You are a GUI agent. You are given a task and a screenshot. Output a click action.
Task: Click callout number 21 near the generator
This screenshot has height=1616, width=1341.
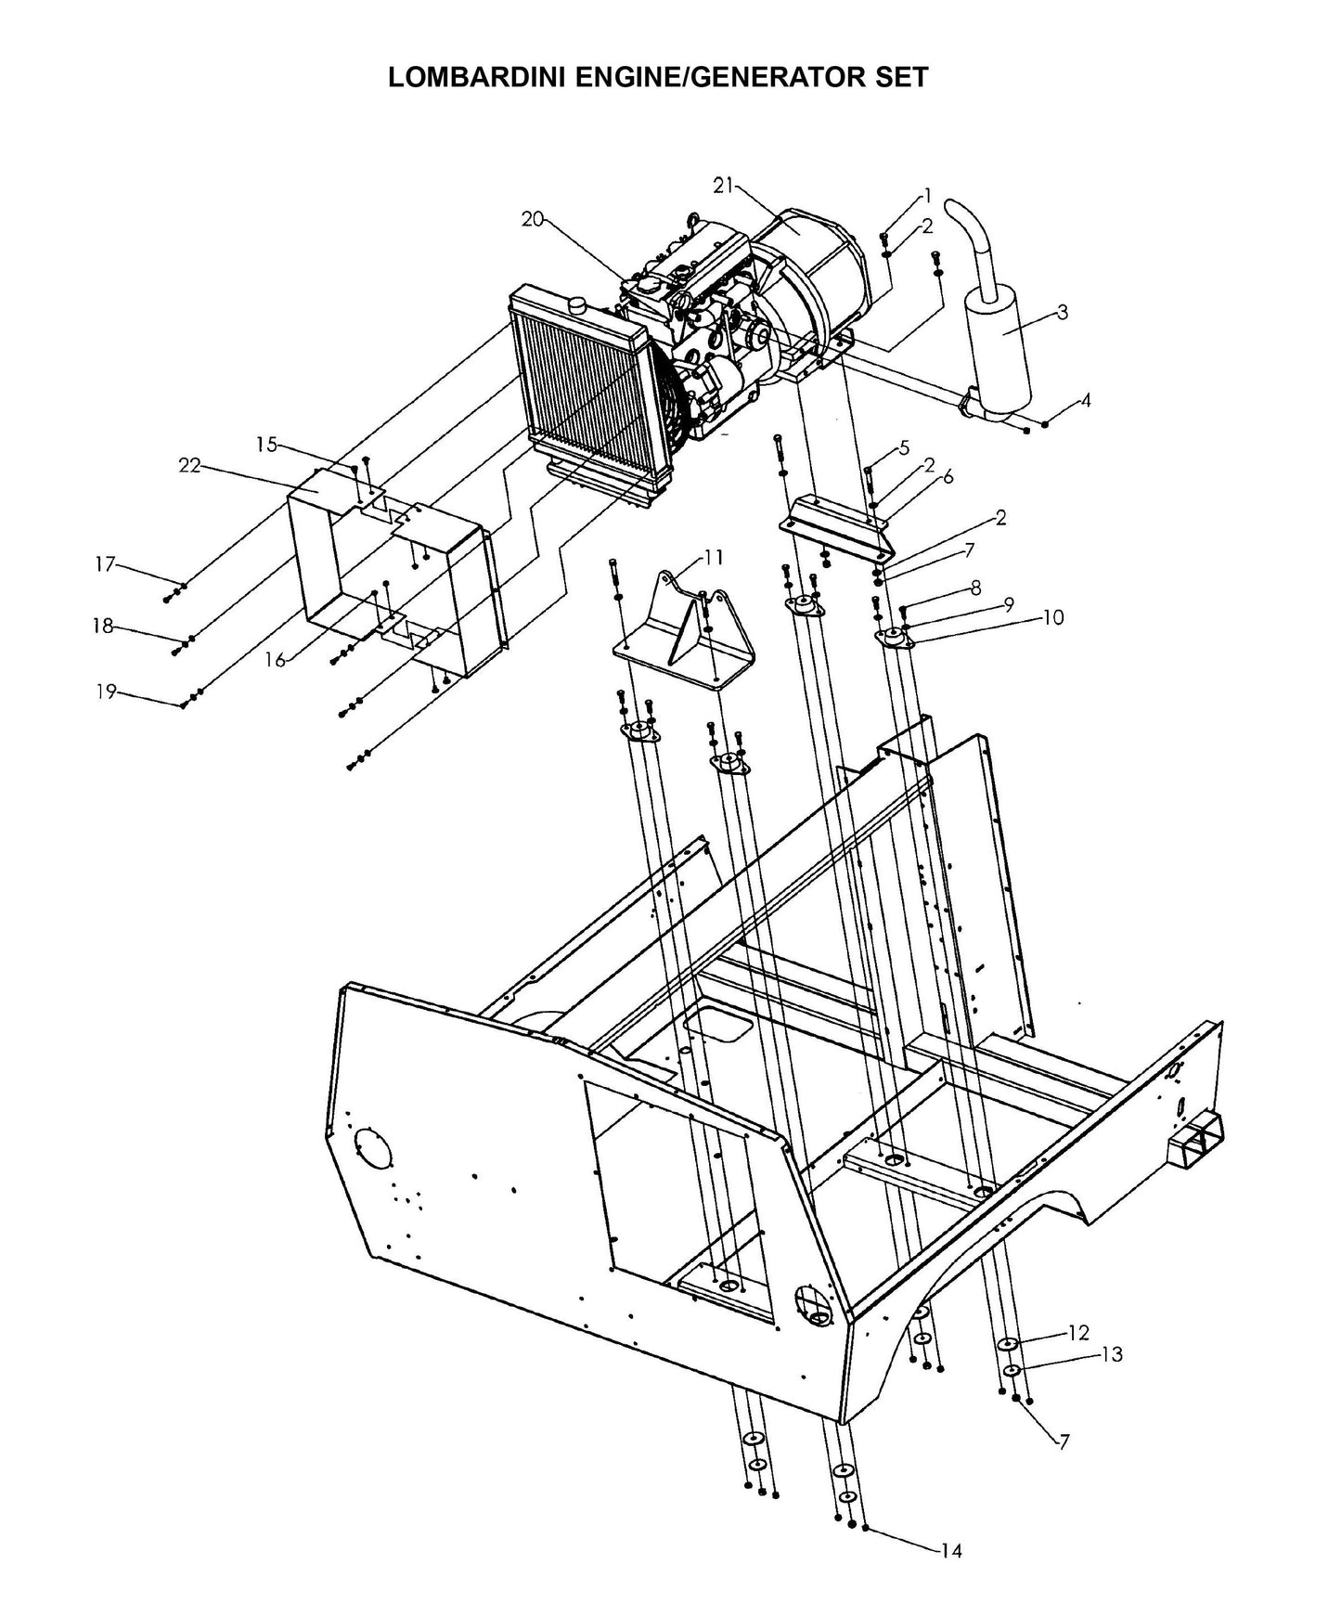pyautogui.click(x=723, y=186)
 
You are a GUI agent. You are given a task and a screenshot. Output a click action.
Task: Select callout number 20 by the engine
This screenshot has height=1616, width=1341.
pyautogui.click(x=532, y=219)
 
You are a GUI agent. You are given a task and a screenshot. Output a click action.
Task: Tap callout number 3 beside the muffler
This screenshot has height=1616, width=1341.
pyautogui.click(x=1063, y=312)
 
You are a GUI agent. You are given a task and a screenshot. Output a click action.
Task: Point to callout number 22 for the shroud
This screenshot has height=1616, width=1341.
pyautogui.click(x=189, y=466)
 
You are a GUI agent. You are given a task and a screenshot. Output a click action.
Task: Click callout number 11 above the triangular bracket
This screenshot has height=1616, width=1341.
pyautogui.click(x=713, y=557)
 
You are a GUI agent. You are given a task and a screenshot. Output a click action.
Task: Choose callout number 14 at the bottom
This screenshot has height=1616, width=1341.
pyautogui.click(x=950, y=1551)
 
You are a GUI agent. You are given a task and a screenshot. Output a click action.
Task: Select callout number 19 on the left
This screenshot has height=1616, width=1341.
pyautogui.click(x=106, y=691)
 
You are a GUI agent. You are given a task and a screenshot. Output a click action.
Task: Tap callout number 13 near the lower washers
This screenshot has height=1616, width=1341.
pyautogui.click(x=1111, y=1354)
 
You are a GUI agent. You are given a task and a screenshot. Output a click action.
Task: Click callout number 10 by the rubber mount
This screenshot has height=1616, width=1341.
pyautogui.click(x=1052, y=616)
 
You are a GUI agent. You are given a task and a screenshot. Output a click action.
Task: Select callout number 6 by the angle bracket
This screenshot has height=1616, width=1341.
pyautogui.click(x=948, y=477)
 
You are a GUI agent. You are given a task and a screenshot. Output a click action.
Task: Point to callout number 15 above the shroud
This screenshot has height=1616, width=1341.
pyautogui.click(x=265, y=445)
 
